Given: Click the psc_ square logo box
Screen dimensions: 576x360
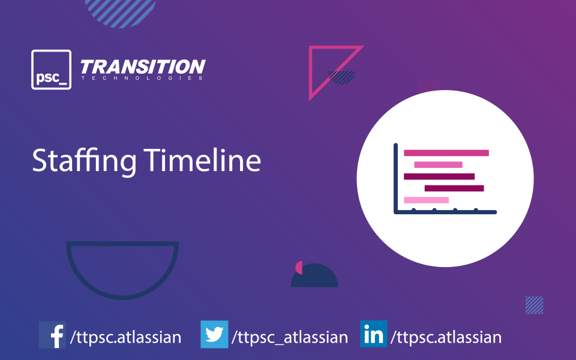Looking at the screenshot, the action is point(52,70).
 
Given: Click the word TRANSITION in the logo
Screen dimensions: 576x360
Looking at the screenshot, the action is point(143,67).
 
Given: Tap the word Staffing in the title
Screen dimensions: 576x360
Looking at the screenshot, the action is point(84,161).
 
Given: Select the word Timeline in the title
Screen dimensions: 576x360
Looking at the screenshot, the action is point(202,160).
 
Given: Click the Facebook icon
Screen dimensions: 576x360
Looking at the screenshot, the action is point(53,335).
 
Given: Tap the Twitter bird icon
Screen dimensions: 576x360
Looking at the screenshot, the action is point(214,334).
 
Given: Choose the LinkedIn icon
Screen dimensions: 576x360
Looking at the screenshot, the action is point(374,334).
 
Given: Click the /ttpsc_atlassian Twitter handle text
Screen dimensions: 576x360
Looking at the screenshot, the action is point(289,337).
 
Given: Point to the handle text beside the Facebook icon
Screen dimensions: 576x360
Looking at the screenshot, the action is point(125,337).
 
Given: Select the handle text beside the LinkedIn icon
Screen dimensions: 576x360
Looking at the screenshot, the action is point(446,337).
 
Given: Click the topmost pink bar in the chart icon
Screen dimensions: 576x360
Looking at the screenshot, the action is point(446,153).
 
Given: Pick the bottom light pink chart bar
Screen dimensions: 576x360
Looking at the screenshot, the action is point(426,200).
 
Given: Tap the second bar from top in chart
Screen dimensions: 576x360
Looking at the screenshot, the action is point(438,164).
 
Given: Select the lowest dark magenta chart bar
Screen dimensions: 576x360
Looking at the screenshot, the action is point(454,188).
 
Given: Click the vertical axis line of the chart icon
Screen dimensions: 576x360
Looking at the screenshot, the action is point(395,178).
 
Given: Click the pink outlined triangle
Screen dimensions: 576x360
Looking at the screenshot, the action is point(311,73).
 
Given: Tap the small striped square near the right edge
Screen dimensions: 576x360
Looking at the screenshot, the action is point(534,305).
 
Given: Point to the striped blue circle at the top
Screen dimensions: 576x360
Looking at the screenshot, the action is point(121,11).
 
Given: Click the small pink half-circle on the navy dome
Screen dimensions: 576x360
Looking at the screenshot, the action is point(299,268).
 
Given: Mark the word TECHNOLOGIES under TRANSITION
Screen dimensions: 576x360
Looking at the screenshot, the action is point(142,78).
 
